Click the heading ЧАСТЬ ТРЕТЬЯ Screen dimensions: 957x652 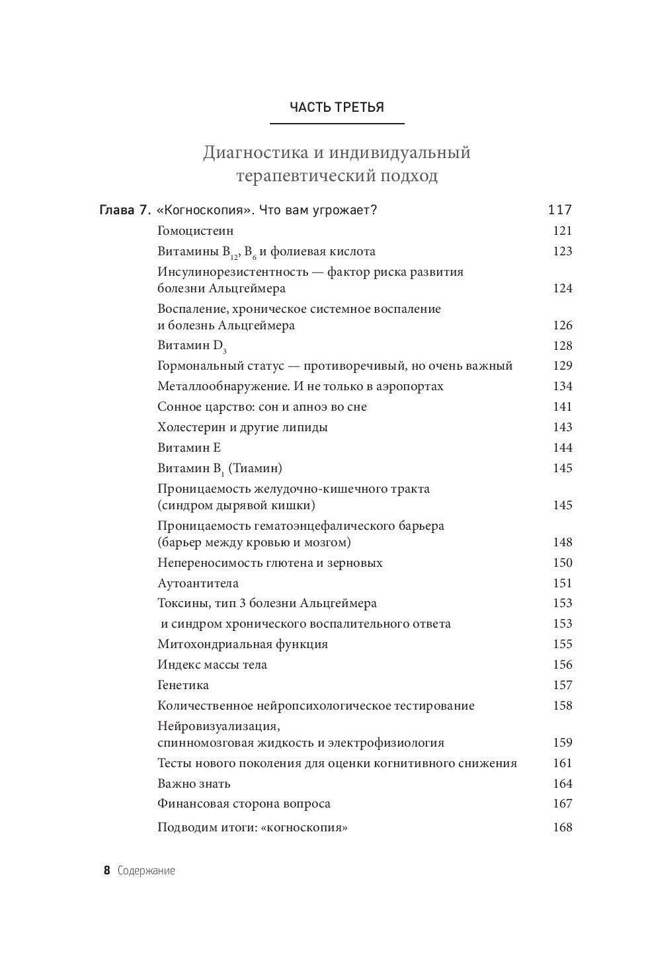[337, 107]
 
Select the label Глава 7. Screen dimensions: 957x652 [125, 210]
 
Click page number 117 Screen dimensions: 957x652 [559, 210]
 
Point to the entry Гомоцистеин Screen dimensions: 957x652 [196, 231]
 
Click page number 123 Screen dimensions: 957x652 [562, 251]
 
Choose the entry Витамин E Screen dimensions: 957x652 [189, 448]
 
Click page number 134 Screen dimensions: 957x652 [562, 386]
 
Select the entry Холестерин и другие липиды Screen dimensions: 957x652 [243, 427]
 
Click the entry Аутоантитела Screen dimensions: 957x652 [198, 583]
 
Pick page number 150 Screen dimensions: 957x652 [562, 563]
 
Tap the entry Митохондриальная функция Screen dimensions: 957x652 [243, 644]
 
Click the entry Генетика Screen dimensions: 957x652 [183, 685]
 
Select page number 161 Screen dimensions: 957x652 [562, 763]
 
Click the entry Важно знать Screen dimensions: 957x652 [194, 784]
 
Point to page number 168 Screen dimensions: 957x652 [562, 827]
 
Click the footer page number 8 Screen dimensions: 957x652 [106, 871]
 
